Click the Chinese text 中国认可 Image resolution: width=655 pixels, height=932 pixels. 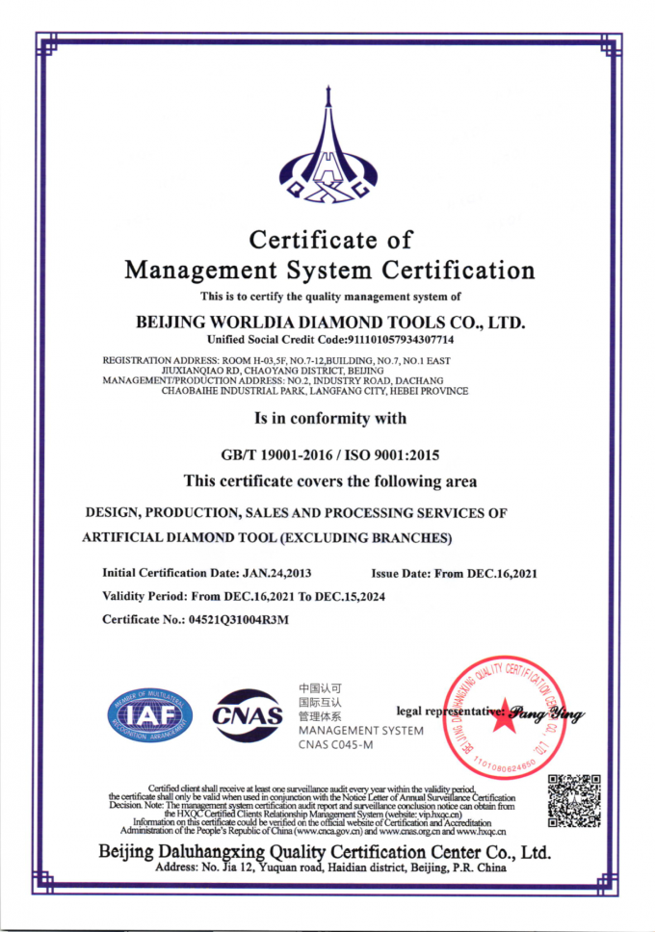click(319, 688)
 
